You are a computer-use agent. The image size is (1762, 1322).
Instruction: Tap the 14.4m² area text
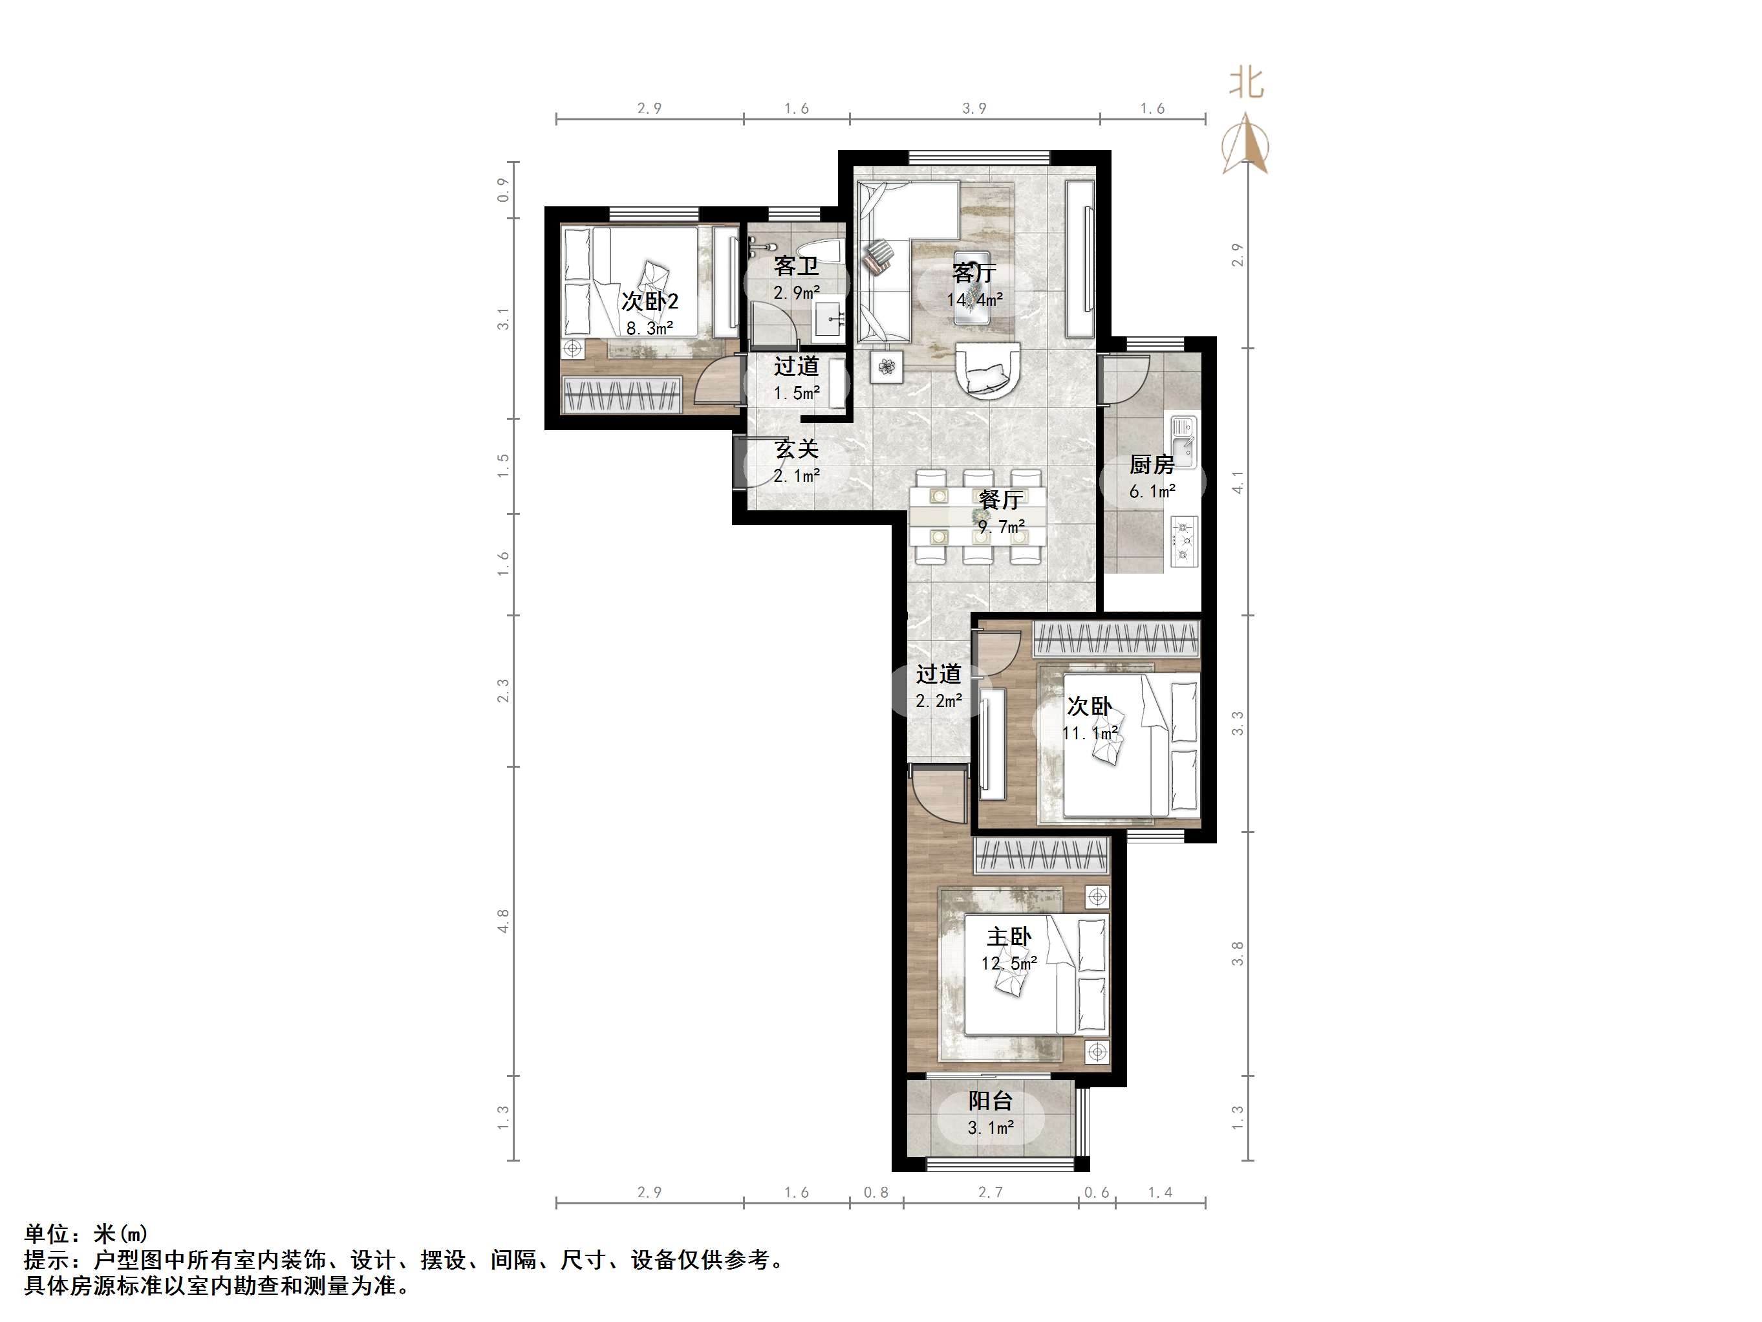click(974, 299)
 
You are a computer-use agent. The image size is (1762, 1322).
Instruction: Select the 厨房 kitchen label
click(1152, 464)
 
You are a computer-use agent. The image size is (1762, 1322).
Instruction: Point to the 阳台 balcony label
click(990, 1101)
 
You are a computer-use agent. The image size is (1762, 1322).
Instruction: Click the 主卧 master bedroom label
click(1009, 937)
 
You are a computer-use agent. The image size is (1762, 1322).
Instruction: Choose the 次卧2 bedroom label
click(650, 301)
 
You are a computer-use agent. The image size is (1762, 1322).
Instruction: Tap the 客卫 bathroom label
click(796, 266)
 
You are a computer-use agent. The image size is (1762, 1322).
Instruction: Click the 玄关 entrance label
click(797, 450)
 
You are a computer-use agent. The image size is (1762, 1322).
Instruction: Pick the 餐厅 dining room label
click(1000, 500)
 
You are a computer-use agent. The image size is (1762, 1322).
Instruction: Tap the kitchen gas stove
click(1184, 542)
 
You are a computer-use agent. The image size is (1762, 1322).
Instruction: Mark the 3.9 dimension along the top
click(974, 109)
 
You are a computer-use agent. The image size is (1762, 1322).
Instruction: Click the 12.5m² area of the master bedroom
click(1009, 964)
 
